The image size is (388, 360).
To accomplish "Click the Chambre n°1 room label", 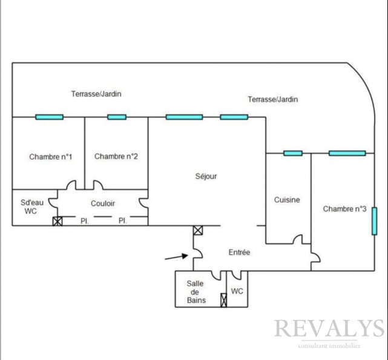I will [x=51, y=157].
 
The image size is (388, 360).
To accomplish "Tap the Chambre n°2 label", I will [x=116, y=157].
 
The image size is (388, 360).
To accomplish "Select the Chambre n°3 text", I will [x=344, y=209].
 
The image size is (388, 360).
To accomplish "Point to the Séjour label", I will [x=206, y=177].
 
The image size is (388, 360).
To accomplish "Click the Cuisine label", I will [x=287, y=200].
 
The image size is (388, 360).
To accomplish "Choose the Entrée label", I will [x=239, y=252].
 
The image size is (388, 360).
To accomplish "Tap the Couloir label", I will [x=103, y=204].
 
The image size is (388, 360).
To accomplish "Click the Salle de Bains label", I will [x=196, y=292].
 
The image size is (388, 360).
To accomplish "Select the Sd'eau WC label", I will [x=30, y=207].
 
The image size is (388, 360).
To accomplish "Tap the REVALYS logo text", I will [x=329, y=329].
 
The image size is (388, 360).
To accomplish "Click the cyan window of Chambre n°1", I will [x=49, y=117].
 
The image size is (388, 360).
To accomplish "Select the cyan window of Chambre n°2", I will [x=117, y=117].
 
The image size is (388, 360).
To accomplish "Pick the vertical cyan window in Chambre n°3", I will [x=375, y=221].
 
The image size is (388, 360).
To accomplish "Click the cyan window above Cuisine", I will [x=293, y=153].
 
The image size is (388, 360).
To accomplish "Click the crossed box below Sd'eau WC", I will [x=58, y=221].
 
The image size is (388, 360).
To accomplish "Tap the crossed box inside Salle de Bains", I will [x=223, y=299].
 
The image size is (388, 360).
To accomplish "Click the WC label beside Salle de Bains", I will [x=237, y=292].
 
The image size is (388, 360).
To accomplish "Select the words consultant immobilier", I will [x=329, y=346].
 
